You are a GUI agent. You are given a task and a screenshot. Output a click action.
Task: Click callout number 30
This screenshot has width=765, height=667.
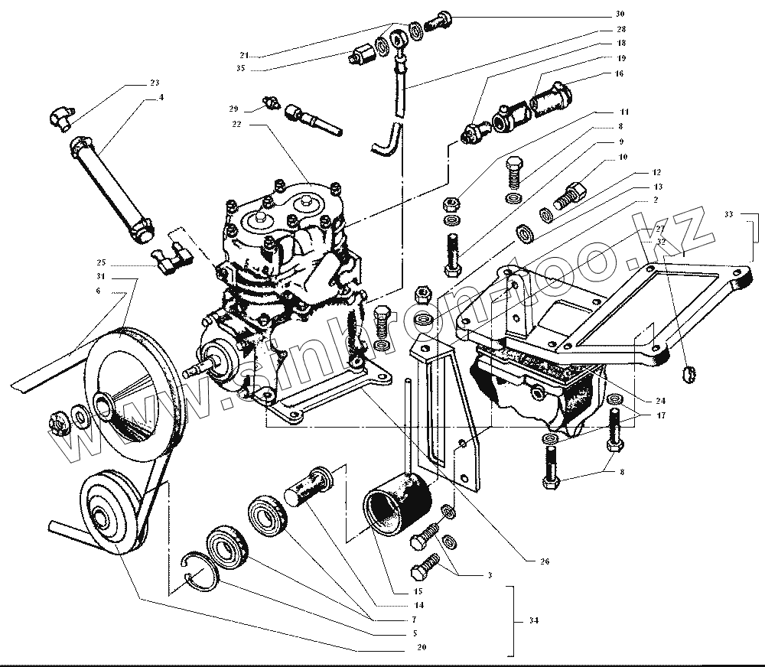pyautogui.click(x=620, y=14)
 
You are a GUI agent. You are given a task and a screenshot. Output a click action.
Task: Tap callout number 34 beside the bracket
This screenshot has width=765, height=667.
pyautogui.click(x=533, y=620)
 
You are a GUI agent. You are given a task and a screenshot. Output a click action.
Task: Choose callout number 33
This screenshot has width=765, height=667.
pyautogui.click(x=728, y=215)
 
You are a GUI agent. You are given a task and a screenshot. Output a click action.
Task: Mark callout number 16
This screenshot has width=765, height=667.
pyautogui.click(x=618, y=74)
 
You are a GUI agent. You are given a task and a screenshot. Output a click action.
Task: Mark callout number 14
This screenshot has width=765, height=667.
pyautogui.click(x=418, y=604)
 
